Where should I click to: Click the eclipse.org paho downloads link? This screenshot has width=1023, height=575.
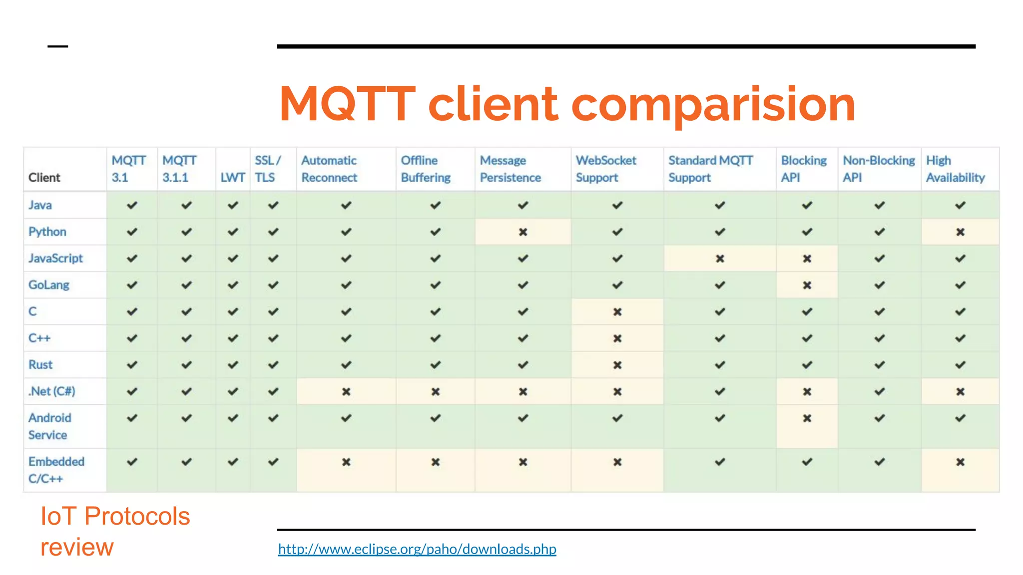pyautogui.click(x=417, y=549)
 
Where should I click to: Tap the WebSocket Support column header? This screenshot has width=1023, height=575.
pyautogui.click(x=605, y=169)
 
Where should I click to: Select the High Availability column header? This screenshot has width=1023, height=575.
pyautogui.click(x=955, y=169)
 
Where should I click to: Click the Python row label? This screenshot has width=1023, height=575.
pyautogui.click(x=47, y=232)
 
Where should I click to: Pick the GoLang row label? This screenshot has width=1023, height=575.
pyautogui.click(x=48, y=285)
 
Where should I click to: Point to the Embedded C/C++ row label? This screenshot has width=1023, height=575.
pyautogui.click(x=56, y=470)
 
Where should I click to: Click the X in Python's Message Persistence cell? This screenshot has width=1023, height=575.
pyautogui.click(x=522, y=232)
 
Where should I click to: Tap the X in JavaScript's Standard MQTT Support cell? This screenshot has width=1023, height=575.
pyautogui.click(x=719, y=259)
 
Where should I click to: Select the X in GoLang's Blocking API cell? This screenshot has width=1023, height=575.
pyautogui.click(x=807, y=285)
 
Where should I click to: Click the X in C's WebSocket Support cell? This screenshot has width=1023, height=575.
pyautogui.click(x=617, y=312)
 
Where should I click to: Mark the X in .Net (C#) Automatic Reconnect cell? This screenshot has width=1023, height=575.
pyautogui.click(x=346, y=392)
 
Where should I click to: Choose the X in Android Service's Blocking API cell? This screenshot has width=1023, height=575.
pyautogui.click(x=807, y=418)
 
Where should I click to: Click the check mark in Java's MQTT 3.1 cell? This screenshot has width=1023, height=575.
pyautogui.click(x=132, y=205)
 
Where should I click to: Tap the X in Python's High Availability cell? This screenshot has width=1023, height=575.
pyautogui.click(x=960, y=232)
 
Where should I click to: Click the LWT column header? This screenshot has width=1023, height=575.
pyautogui.click(x=233, y=177)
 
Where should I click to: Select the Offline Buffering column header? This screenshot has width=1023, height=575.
pyautogui.click(x=425, y=169)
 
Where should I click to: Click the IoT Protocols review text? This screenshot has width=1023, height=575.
pyautogui.click(x=114, y=531)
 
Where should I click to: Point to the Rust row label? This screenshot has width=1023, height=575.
pyautogui.click(x=40, y=365)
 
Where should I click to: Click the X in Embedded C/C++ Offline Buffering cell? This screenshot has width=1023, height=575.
pyautogui.click(x=435, y=462)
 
